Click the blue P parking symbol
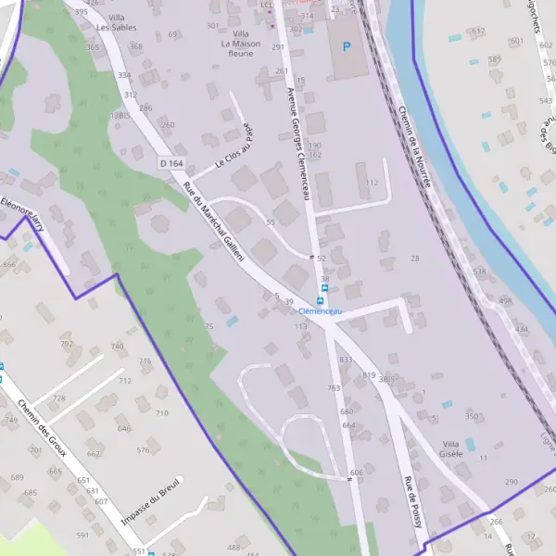[x=347, y=46]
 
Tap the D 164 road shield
[x=171, y=163]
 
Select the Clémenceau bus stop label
[x=321, y=311]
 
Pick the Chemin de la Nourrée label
[x=414, y=146]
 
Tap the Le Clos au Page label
[x=234, y=147]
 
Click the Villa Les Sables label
[x=118, y=22]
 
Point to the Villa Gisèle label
[x=451, y=449]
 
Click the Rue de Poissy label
[x=412, y=501]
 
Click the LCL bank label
[x=267, y=5]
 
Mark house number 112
[x=373, y=183]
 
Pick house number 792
[x=67, y=344]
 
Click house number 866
[x=9, y=265]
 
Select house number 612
[x=478, y=32]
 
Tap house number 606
[x=357, y=473]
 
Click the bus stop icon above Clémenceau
[x=322, y=300]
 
